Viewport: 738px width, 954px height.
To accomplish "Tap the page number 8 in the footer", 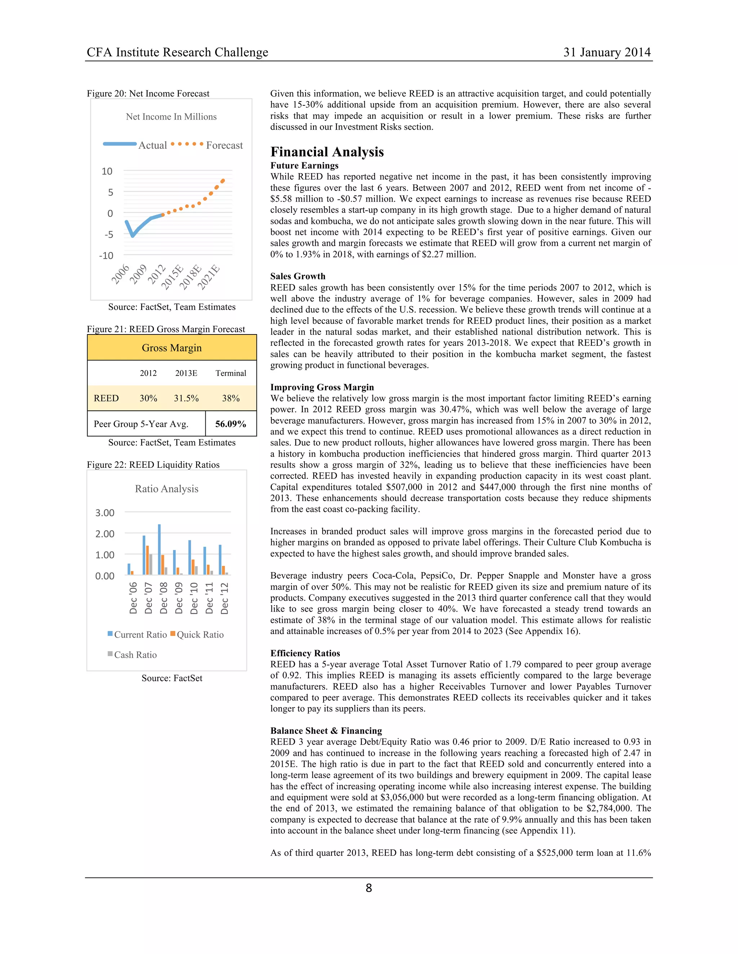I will [x=369, y=888].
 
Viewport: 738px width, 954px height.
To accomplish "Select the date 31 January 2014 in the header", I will [x=607, y=53].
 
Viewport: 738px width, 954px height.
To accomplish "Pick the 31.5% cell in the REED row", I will [x=186, y=398].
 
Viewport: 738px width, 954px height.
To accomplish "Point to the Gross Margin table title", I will [x=172, y=348].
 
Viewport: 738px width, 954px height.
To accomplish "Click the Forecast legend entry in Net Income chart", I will [x=224, y=145].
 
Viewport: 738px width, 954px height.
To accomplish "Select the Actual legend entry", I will [x=152, y=145].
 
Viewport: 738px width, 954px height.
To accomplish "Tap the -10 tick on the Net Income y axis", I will [x=106, y=256].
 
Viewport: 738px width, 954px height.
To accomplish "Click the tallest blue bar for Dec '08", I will [x=159, y=549].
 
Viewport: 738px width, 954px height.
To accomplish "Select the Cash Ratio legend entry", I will [x=135, y=654].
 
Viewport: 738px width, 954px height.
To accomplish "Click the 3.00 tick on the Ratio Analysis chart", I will [x=105, y=512].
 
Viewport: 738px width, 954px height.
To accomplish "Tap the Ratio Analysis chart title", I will [x=166, y=489].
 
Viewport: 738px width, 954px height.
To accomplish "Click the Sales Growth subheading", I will [x=298, y=276].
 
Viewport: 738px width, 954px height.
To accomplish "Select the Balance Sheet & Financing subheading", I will [x=326, y=730].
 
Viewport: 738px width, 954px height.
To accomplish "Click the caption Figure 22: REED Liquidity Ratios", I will [x=153, y=464].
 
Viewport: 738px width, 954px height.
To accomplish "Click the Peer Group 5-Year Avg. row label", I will [x=141, y=424].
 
